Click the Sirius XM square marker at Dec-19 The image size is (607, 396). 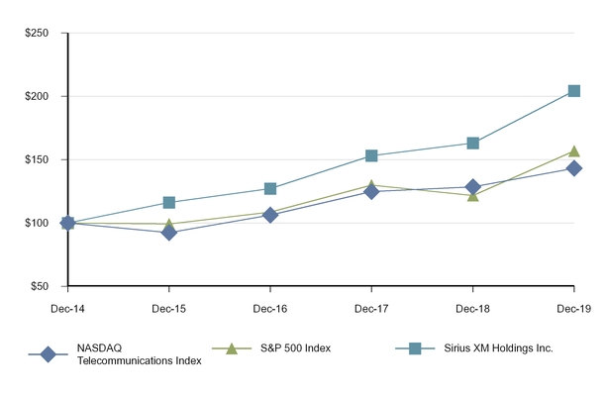tap(574, 91)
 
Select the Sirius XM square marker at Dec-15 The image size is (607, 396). tap(169, 203)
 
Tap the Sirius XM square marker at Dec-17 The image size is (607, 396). tap(371, 155)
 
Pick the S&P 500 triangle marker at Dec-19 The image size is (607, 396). tap(574, 151)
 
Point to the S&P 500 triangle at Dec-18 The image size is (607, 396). tap(473, 195)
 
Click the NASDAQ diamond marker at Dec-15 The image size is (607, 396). tap(169, 233)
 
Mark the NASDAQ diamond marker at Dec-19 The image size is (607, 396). tap(574, 168)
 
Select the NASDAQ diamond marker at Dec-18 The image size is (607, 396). tap(473, 186)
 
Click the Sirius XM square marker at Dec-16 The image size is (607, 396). tap(270, 188)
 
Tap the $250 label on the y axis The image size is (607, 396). tap(37, 33)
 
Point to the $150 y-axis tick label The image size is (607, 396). tap(37, 159)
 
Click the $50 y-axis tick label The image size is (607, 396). tap(40, 286)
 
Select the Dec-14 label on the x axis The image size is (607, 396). tap(67, 309)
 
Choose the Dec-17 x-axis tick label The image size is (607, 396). tap(371, 309)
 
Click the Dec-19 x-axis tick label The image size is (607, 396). tap(574, 309)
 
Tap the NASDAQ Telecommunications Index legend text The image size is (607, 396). tap(139, 354)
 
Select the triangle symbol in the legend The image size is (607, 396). tap(230, 347)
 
